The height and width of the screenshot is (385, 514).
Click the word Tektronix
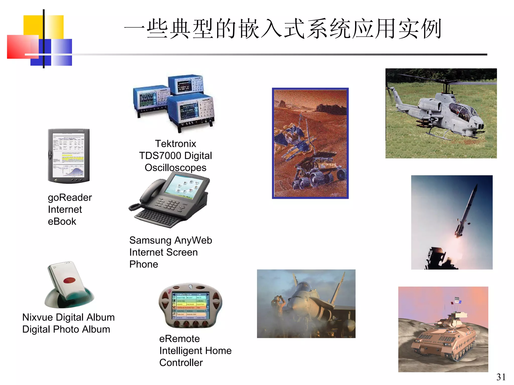point(175,144)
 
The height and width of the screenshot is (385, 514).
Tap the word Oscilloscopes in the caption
point(175,168)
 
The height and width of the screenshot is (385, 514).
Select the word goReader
point(70,198)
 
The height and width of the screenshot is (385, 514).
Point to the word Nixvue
point(37,317)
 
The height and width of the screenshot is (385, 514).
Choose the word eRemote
point(179,339)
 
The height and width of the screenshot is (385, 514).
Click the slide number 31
point(501,377)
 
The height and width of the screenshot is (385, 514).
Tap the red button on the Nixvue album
point(69,280)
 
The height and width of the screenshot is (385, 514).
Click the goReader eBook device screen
point(68,155)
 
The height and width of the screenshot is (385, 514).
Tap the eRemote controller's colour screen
point(190,306)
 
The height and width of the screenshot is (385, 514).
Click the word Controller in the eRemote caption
point(181,363)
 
